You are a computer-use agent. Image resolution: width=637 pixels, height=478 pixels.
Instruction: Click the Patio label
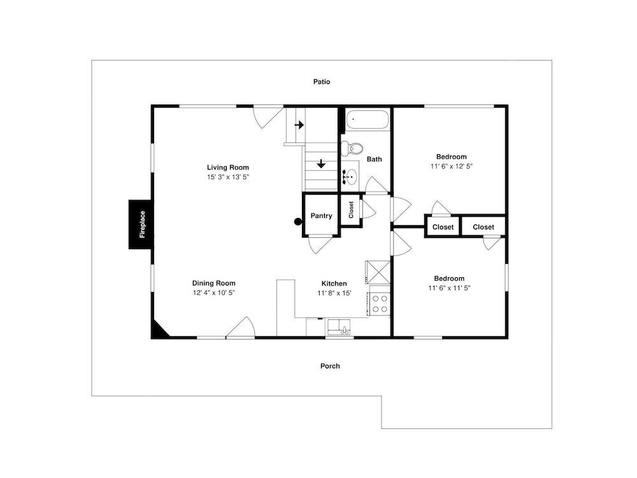pyautogui.click(x=321, y=82)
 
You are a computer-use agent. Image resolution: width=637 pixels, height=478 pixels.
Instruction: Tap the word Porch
pyautogui.click(x=330, y=366)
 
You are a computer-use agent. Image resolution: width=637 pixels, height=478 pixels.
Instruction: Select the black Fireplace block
pyautogui.click(x=141, y=224)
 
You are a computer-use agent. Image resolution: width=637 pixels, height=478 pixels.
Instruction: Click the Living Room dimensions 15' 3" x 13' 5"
pyautogui.click(x=228, y=177)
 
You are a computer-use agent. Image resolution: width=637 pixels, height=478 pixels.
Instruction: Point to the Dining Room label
pyautogui.click(x=213, y=284)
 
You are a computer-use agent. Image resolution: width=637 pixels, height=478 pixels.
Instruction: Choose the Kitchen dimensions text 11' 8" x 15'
pyautogui.click(x=334, y=293)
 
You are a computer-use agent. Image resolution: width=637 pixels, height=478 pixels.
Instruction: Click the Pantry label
pyautogui.click(x=321, y=216)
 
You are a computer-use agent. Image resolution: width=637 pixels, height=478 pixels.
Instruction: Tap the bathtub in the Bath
pyautogui.click(x=368, y=120)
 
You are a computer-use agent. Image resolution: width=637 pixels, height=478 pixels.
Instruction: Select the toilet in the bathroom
pyautogui.click(x=352, y=148)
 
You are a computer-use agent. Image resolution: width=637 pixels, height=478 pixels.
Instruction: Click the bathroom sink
pyautogui.click(x=350, y=176)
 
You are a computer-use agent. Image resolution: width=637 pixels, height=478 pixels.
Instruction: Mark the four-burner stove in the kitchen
pyautogui.click(x=379, y=304)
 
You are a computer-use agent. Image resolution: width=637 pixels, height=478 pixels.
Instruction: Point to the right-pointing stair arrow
pyautogui.click(x=299, y=125)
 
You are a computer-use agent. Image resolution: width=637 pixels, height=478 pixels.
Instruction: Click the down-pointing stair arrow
pyautogui.click(x=321, y=164)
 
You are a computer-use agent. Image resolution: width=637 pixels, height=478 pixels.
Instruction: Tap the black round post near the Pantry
pyautogui.click(x=298, y=222)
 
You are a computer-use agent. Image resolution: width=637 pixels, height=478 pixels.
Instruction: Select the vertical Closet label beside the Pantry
pyautogui.click(x=352, y=210)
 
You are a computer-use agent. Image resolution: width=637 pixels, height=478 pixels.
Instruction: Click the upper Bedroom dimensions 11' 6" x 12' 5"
pyautogui.click(x=452, y=166)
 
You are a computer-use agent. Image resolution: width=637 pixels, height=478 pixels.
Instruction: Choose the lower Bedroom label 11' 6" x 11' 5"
pyautogui.click(x=449, y=288)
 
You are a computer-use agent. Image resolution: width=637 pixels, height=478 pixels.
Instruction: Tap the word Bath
pyautogui.click(x=374, y=159)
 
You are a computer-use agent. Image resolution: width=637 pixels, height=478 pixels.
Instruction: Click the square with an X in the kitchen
pyautogui.click(x=378, y=272)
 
